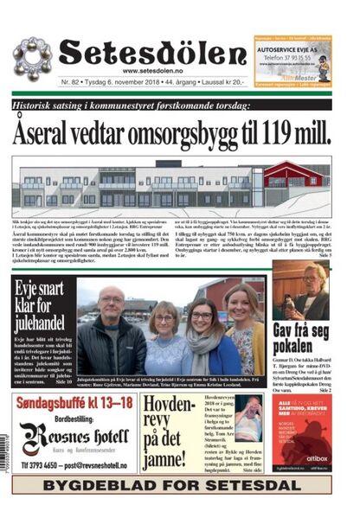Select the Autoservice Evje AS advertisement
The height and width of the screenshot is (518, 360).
(x=292, y=59)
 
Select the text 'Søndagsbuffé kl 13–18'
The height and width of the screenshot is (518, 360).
(x=74, y=403)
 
